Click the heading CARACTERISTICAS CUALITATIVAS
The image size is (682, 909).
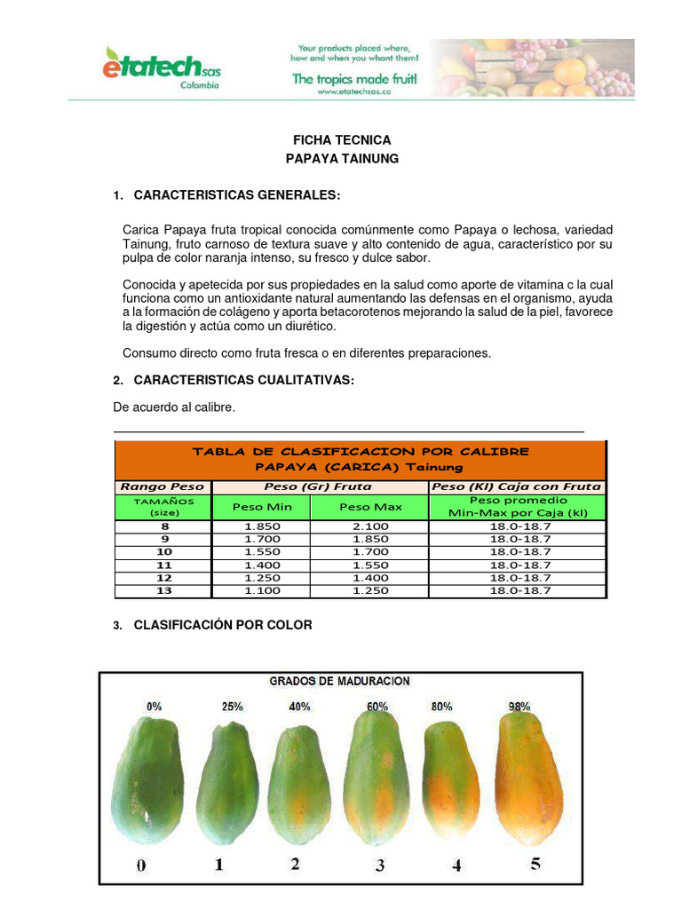244,380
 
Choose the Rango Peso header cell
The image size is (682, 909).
163,486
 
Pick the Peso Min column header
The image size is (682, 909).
261,507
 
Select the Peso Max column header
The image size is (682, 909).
370,507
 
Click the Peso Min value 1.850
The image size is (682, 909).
262,526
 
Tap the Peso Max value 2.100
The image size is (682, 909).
370,526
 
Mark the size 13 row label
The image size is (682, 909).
164,590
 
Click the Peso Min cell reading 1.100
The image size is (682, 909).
262,590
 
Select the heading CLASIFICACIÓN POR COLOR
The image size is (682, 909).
223,625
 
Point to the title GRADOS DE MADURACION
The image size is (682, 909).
340,682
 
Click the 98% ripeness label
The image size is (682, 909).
519,707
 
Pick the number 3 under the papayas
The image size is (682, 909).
380,866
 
